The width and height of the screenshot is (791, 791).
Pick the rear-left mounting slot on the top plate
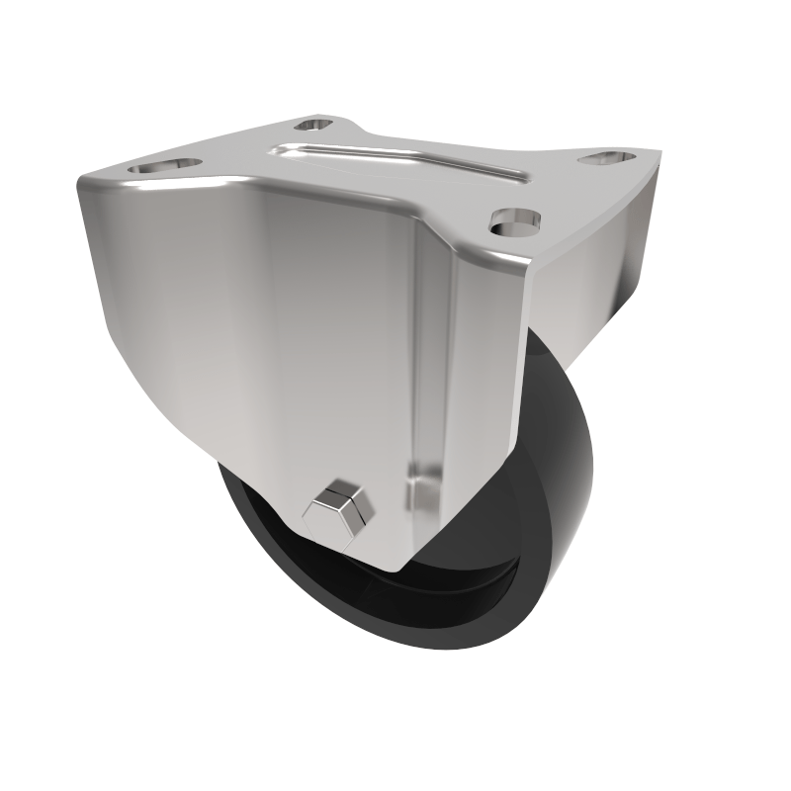314,125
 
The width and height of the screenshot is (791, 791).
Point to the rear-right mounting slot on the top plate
606,156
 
